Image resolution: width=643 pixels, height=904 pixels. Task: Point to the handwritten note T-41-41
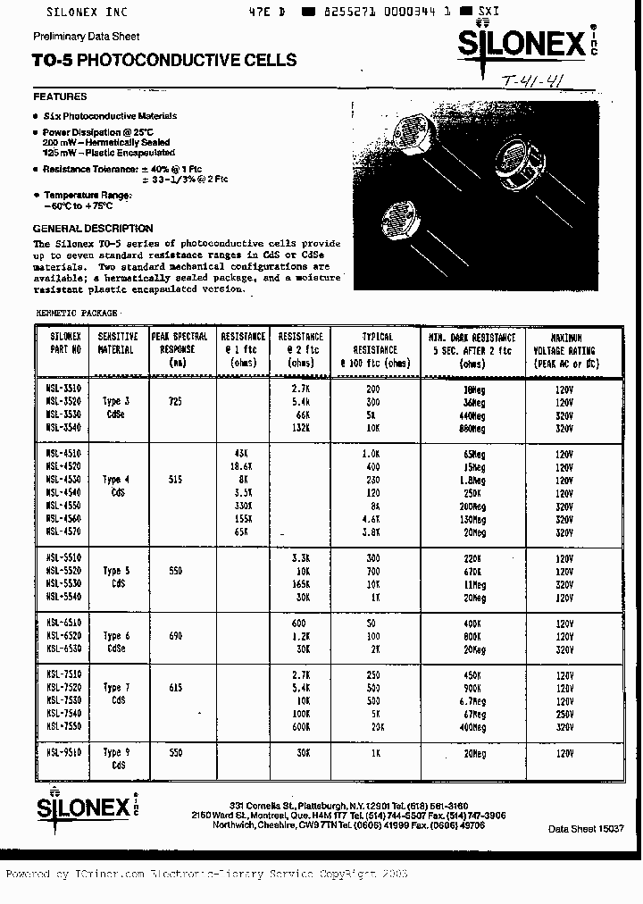[532, 83]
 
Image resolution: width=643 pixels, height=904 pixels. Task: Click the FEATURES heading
[60, 96]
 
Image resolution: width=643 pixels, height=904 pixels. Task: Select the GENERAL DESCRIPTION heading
[93, 229]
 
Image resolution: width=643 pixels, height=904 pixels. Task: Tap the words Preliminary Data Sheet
[86, 37]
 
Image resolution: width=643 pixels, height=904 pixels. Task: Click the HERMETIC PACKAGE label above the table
[76, 313]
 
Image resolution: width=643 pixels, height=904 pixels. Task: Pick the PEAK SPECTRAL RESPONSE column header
[180, 349]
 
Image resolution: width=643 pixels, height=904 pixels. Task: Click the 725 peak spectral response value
[175, 403]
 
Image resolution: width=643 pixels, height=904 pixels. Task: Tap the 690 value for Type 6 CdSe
[175, 636]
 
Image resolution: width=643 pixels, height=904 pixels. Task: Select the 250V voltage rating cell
[564, 715]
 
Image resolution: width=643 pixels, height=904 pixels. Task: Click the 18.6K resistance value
[242, 467]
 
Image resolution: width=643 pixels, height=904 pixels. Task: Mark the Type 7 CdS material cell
[116, 694]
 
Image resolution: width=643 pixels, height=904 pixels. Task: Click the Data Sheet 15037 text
[586, 829]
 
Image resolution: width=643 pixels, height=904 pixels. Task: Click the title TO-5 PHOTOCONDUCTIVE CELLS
[164, 61]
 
